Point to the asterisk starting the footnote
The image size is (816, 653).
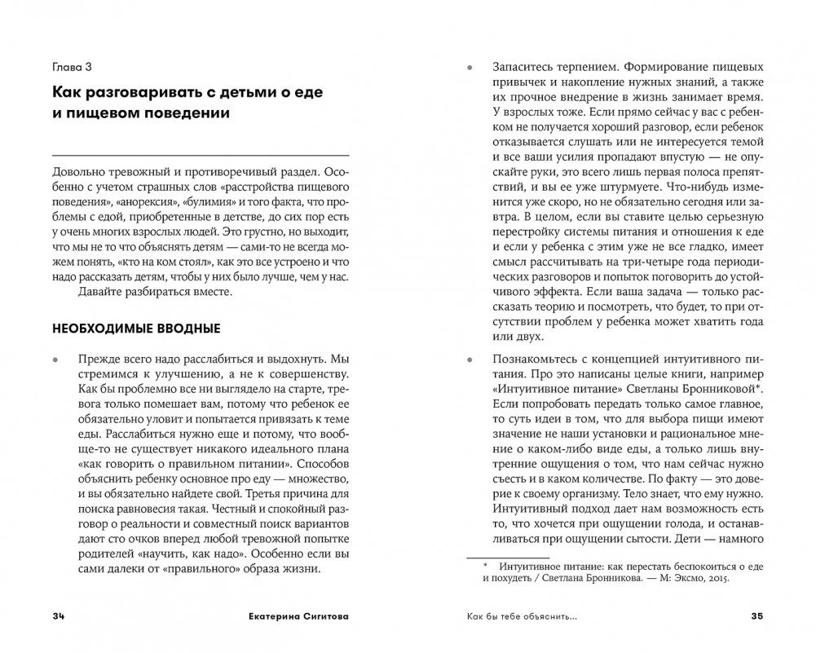pyautogui.click(x=483, y=563)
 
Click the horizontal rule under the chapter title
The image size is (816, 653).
pyautogui.click(x=200, y=154)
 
